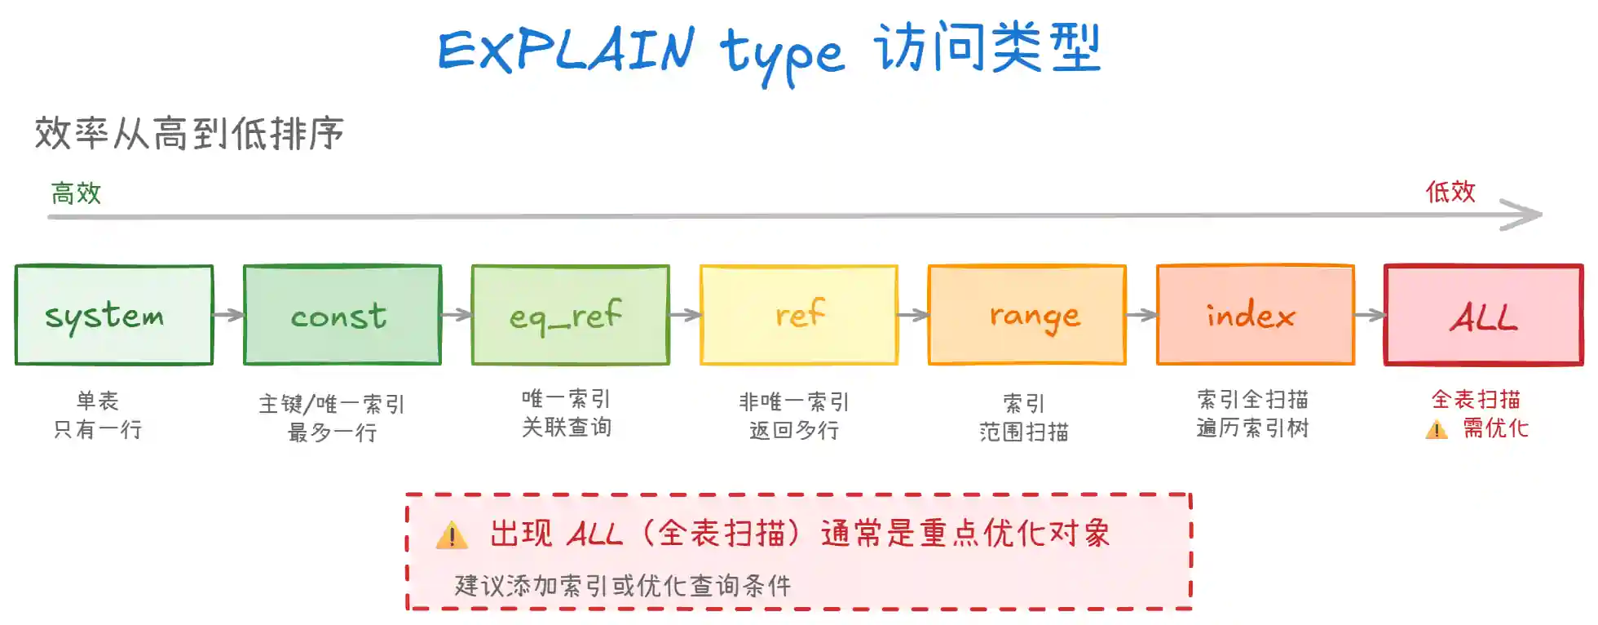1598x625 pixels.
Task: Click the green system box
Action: tap(114, 315)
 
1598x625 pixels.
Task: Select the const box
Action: tap(342, 315)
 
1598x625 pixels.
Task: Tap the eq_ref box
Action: tap(571, 315)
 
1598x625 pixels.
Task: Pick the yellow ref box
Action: tap(799, 315)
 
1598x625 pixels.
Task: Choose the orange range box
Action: tap(1027, 315)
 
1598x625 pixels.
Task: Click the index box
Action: tap(1256, 315)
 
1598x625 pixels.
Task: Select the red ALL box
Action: tap(1484, 315)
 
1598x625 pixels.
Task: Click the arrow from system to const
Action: tap(228, 315)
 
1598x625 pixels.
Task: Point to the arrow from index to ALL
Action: tap(1370, 315)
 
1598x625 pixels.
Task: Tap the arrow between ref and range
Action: tap(913, 315)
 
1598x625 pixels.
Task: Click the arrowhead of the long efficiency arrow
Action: tap(1525, 215)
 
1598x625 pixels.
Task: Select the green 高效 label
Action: tap(76, 193)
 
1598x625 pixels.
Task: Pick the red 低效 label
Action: tap(1450, 192)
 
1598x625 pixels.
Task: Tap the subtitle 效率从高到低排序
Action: tap(189, 133)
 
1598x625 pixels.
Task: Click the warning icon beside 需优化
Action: tap(1437, 429)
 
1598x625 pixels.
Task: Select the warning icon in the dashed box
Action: tap(452, 535)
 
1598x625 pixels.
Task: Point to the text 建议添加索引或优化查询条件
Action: tap(623, 585)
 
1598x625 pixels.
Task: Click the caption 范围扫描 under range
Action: tap(1024, 432)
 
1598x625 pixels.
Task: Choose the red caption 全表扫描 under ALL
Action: tap(1476, 400)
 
